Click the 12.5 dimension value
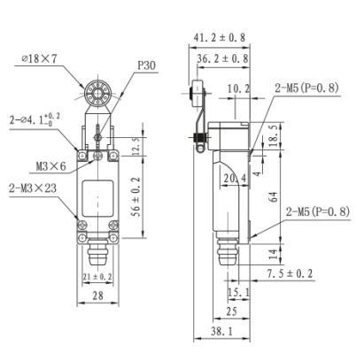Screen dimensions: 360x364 click(x=136, y=144)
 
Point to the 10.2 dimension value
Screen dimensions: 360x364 click(x=237, y=88)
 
